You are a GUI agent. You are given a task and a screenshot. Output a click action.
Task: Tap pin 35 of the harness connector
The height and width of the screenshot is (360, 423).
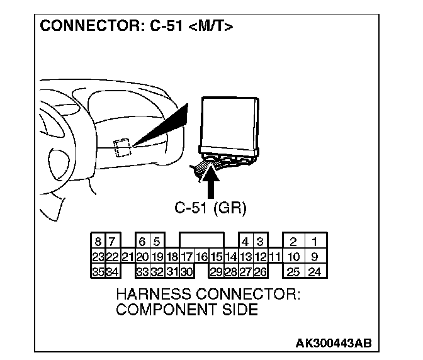click(x=98, y=272)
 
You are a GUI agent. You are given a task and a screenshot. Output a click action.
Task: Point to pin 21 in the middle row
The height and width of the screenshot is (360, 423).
click(x=127, y=257)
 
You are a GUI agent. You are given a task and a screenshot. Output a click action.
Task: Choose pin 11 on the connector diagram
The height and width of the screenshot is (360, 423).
click(x=274, y=257)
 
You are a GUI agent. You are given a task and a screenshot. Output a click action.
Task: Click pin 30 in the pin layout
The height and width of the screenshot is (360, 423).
click(x=186, y=272)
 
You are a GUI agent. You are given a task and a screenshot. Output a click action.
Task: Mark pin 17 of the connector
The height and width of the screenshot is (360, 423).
click(x=186, y=257)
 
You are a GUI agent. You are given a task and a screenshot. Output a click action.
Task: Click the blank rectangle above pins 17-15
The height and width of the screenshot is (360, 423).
click(x=201, y=240)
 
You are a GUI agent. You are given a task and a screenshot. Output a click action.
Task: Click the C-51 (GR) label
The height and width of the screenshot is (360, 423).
click(x=210, y=207)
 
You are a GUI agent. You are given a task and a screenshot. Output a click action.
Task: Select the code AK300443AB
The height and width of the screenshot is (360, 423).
click(x=333, y=343)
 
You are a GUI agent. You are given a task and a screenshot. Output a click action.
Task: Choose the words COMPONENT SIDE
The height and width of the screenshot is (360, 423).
click(x=186, y=309)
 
